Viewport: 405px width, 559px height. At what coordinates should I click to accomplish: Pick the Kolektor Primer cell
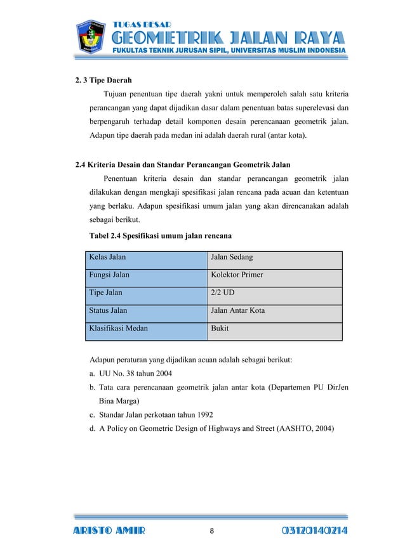[237, 275]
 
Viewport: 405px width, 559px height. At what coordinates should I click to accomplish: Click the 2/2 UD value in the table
[222, 293]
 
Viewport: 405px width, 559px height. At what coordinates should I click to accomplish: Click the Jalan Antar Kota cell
[238, 311]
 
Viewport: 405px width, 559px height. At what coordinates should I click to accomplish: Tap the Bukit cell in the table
[220, 329]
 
